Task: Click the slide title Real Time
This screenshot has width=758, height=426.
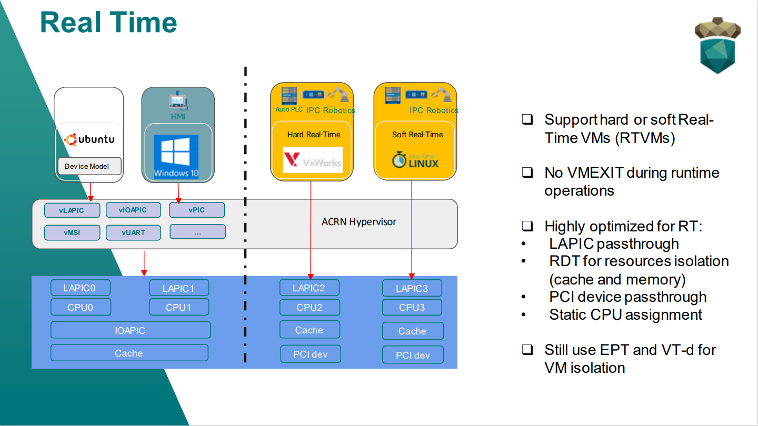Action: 108,23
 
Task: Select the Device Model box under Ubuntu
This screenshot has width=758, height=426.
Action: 89,166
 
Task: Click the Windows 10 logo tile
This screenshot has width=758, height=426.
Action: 176,157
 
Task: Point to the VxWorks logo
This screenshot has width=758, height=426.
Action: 313,160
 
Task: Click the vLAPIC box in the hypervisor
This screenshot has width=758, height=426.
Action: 72,210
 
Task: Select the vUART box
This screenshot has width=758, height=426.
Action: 133,232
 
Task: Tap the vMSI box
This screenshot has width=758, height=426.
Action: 72,232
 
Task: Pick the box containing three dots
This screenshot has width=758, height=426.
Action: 197,232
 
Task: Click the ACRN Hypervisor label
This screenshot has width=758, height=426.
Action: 359,221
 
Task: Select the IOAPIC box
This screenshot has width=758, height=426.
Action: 130,330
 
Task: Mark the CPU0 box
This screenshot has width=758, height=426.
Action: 81,307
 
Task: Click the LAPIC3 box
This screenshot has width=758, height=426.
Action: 412,288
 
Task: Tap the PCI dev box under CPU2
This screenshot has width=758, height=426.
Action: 310,354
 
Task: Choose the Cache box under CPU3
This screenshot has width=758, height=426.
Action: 412,331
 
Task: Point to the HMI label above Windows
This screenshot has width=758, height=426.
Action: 178,116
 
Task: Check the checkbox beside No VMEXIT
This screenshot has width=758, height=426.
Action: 527,173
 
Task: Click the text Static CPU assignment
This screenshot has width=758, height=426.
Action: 625,315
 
